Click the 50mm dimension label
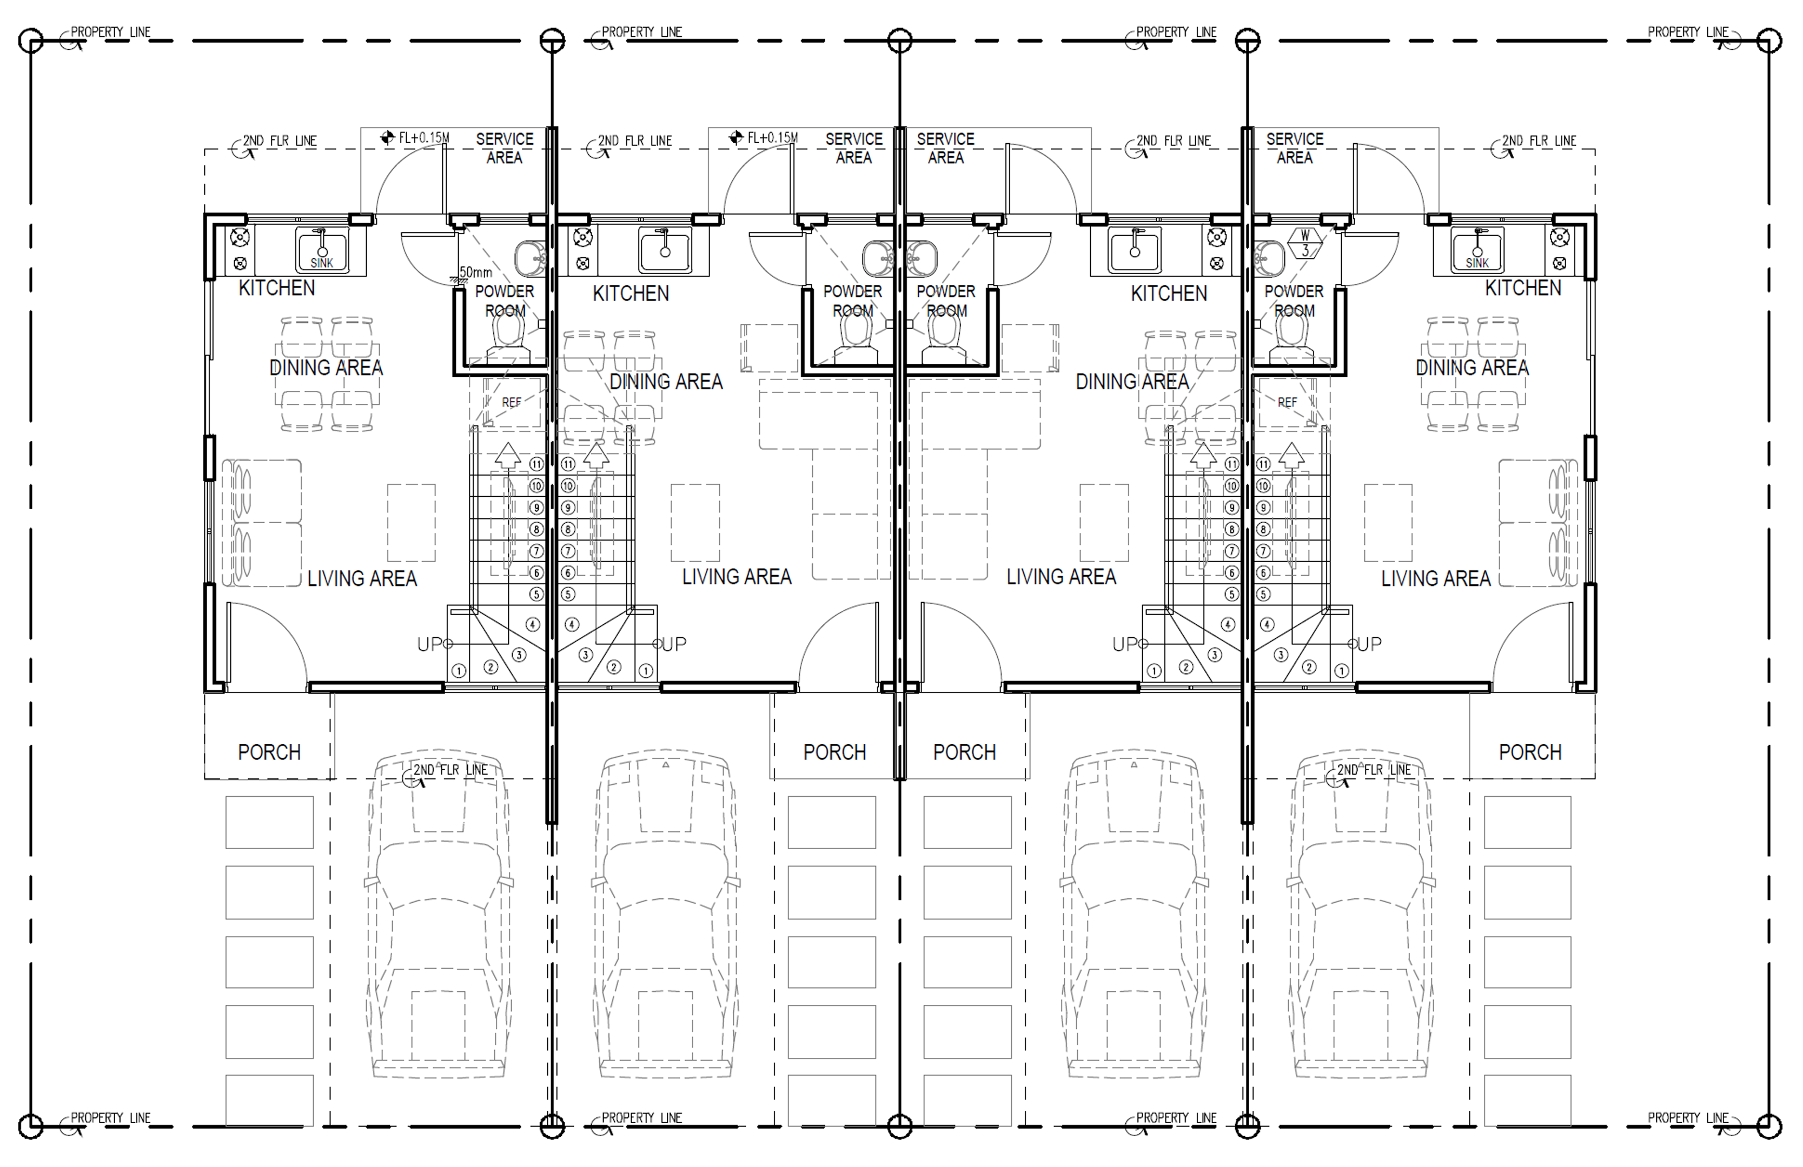(x=476, y=272)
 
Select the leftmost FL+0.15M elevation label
(x=423, y=138)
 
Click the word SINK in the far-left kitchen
(x=322, y=263)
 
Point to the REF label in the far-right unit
(x=1287, y=402)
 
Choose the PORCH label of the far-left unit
(x=269, y=752)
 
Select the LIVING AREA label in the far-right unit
(x=1436, y=578)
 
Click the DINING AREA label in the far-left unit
(x=326, y=368)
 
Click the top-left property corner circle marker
(x=30, y=40)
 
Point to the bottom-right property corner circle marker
(x=1769, y=1126)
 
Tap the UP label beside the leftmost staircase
(x=429, y=644)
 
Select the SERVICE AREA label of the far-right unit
(x=1295, y=149)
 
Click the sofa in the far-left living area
(x=261, y=523)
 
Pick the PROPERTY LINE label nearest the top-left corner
(x=111, y=32)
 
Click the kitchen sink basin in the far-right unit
(x=1477, y=249)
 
